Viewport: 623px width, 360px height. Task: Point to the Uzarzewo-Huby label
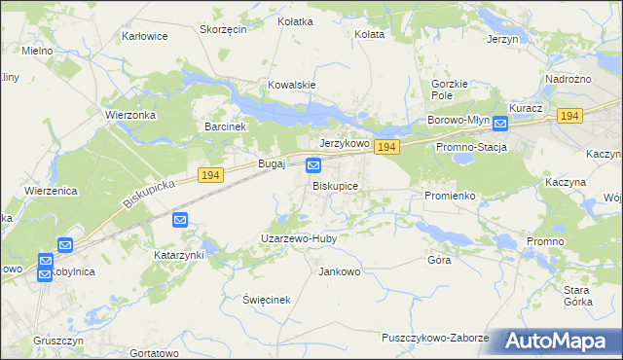(x=298, y=237)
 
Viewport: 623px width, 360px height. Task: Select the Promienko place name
(x=450, y=196)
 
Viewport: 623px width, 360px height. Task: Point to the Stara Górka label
(x=578, y=296)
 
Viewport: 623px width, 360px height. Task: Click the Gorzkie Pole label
(x=450, y=90)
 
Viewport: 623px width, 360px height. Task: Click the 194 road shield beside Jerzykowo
(x=386, y=147)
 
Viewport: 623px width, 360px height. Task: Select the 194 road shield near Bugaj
(x=210, y=174)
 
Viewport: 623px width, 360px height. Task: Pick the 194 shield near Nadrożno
(x=570, y=116)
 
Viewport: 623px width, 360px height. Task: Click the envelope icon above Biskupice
(x=313, y=166)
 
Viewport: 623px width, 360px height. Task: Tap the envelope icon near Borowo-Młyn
(x=499, y=124)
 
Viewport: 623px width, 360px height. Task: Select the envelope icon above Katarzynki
(x=180, y=220)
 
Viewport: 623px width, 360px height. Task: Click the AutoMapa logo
(x=557, y=342)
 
